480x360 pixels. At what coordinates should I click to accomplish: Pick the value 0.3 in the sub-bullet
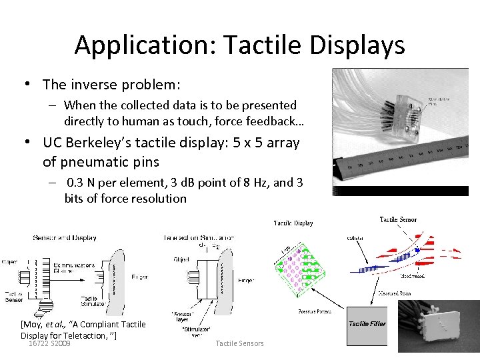point(78,183)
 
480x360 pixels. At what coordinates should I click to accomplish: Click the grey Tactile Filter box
point(367,324)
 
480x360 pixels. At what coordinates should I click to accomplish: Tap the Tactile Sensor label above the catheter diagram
point(398,219)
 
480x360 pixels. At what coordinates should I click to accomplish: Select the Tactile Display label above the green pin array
point(293,223)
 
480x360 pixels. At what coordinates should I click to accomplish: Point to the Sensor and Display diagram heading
point(65,237)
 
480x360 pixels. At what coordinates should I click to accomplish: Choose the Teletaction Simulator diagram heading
point(199,237)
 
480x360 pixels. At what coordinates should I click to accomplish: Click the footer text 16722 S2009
point(50,343)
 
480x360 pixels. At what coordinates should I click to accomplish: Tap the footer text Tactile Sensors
point(240,343)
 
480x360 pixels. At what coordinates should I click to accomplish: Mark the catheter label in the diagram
point(355,237)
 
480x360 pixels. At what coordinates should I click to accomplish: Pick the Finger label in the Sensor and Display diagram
point(139,277)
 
